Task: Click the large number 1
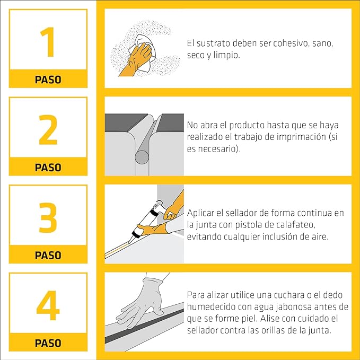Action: (x=48, y=43)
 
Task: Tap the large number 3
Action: (x=48, y=218)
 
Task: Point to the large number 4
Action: (x=48, y=306)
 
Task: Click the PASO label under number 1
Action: (x=48, y=80)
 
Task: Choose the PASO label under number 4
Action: (x=48, y=343)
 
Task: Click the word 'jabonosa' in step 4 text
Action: (x=296, y=308)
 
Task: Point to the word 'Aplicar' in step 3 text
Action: (x=200, y=213)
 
